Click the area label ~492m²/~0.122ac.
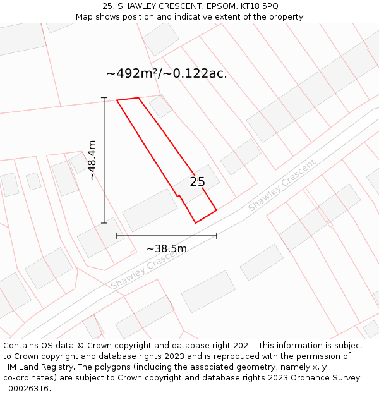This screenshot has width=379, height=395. point(167,73)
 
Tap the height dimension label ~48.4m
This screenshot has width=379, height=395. point(92,160)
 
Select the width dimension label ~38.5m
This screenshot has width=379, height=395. point(167,248)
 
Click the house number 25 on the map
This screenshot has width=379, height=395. point(197,182)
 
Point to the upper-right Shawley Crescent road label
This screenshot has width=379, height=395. point(281,186)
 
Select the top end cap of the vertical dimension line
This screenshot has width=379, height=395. point(104,98)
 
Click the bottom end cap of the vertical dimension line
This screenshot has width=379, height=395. point(104,223)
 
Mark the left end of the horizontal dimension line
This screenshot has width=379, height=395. point(117,236)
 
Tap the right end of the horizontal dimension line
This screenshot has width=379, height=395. point(217,236)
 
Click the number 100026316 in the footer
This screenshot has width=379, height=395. point(27,389)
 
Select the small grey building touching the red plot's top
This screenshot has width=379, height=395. point(161,107)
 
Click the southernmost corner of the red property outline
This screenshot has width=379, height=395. point(196,222)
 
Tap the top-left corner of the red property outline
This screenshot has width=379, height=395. point(117,100)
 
